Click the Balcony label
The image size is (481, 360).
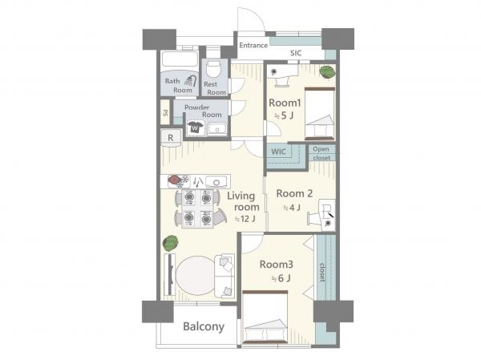click(204, 327)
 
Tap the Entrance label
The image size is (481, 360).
click(253, 46)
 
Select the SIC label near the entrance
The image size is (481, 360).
click(296, 53)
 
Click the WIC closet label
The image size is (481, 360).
click(278, 152)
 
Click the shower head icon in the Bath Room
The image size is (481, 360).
click(191, 80)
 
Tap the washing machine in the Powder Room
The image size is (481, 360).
click(195, 127)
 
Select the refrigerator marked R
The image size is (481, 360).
click(171, 137)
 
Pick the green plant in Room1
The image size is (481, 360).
click(327, 72)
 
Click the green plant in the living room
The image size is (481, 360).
click(170, 242)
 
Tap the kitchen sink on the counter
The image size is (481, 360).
click(216, 182)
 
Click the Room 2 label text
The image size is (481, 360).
click(294, 194)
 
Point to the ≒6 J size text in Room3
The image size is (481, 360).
click(281, 278)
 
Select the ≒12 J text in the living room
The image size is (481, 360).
click(245, 219)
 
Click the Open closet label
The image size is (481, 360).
click(321, 153)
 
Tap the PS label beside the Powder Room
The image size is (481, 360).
click(165, 112)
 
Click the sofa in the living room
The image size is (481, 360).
click(224, 276)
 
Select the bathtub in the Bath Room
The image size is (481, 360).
click(180, 59)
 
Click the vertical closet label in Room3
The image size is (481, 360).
click(322, 272)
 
